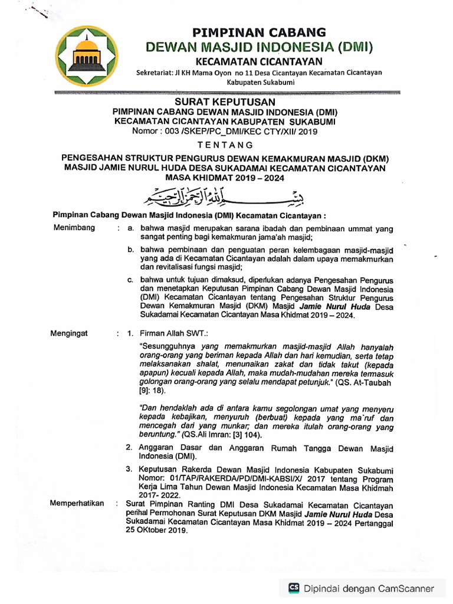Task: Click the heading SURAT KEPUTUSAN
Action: point(228,102)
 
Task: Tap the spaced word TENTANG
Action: point(227,145)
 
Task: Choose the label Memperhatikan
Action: point(79,503)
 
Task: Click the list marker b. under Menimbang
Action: point(131,250)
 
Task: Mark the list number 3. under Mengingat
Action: point(128,468)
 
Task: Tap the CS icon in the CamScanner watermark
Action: point(293,587)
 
